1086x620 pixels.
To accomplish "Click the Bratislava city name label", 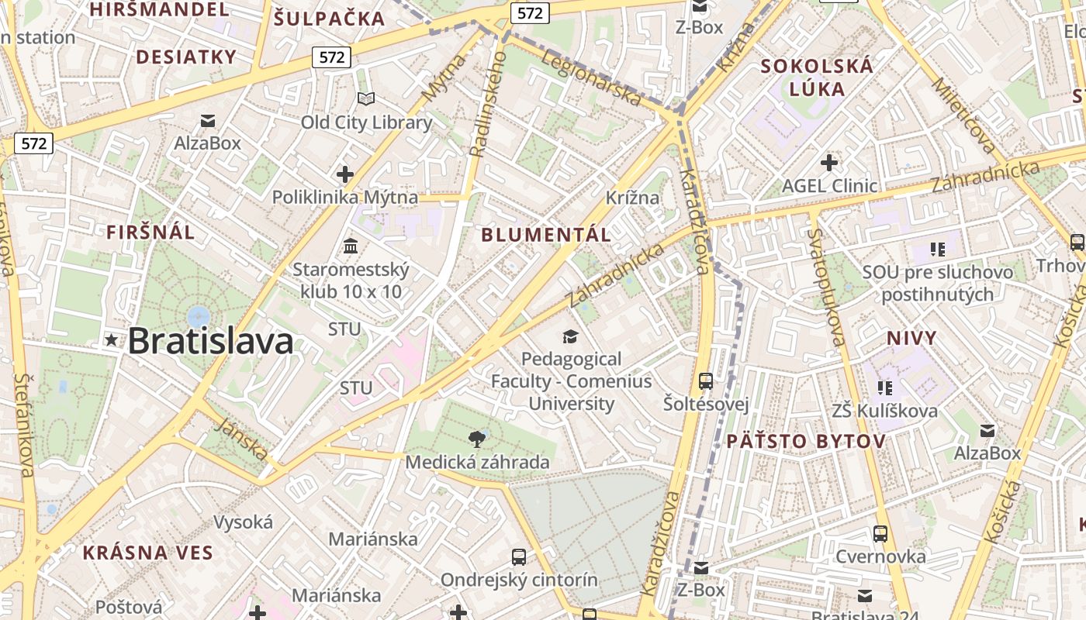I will [x=210, y=341].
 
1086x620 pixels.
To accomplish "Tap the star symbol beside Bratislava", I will [x=112, y=339].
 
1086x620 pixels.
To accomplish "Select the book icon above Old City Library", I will [x=366, y=99].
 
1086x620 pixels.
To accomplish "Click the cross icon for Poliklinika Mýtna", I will [x=345, y=174].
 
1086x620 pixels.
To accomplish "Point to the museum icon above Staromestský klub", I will [x=351, y=246].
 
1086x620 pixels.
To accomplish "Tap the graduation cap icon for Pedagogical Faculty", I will [x=571, y=336].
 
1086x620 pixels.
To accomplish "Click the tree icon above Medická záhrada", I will [x=477, y=439].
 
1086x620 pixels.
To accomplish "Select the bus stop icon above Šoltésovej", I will [x=705, y=381].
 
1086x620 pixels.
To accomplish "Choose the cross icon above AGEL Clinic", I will [x=829, y=163].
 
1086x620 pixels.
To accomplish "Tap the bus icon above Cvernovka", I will [x=880, y=534].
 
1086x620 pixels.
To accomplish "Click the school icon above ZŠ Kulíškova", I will [x=885, y=387].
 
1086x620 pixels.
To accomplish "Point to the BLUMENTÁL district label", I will [x=546, y=235].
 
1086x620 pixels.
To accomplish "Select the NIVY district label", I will [x=911, y=338].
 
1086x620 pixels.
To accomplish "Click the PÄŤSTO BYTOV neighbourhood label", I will [x=806, y=442].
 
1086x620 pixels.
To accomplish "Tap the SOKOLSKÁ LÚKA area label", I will [x=817, y=77].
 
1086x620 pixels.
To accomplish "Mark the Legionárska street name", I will [x=592, y=78].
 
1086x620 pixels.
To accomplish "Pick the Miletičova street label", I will [x=964, y=115].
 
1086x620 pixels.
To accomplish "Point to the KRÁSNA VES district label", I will [x=147, y=553].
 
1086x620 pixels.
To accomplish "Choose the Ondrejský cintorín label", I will [x=519, y=580].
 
